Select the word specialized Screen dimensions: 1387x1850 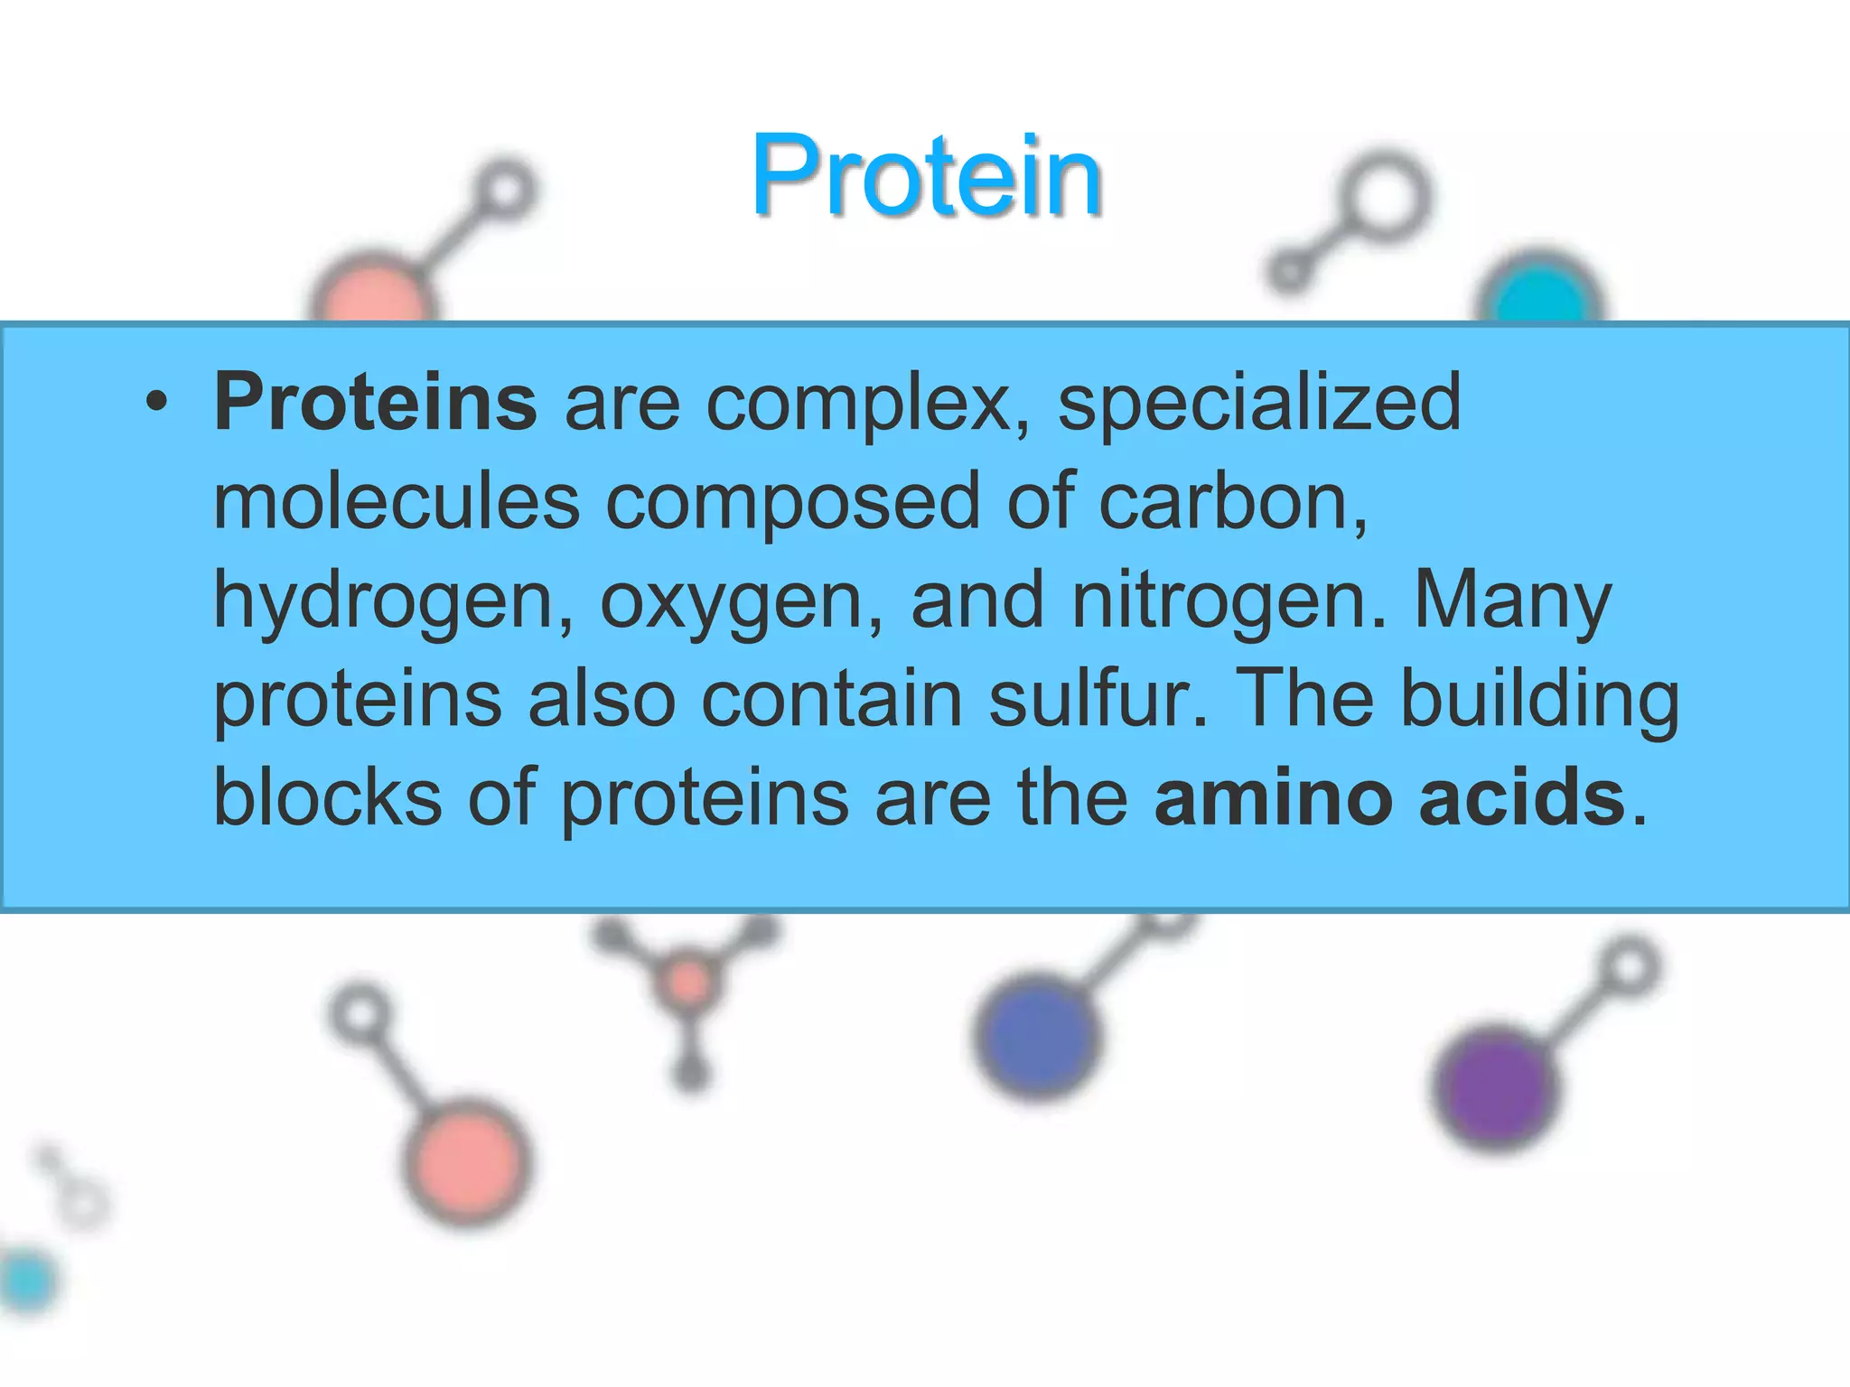pos(1259,404)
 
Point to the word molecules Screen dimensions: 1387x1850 pos(397,502)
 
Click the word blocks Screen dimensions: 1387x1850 pos(327,796)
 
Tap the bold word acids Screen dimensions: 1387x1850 pos(1522,796)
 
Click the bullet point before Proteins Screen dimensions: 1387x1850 pos(156,404)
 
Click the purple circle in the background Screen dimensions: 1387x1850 pos(1495,1087)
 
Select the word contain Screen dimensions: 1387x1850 pos(831,699)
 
